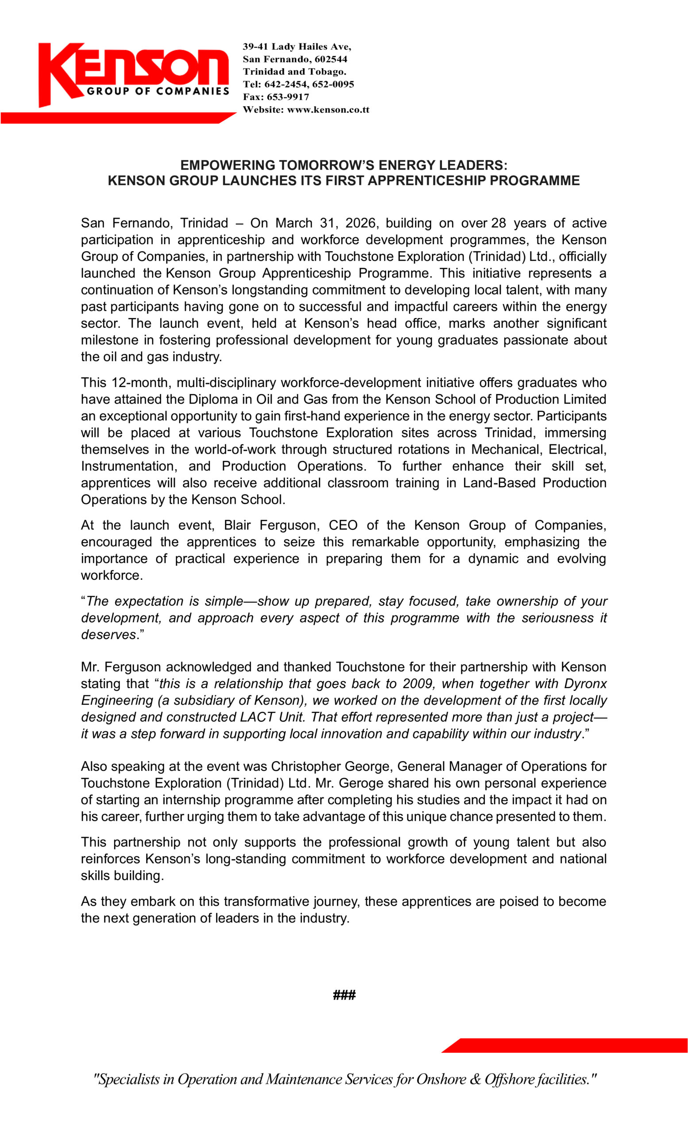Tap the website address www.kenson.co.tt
[328, 110]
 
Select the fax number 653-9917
[288, 97]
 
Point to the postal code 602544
[331, 59]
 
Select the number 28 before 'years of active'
[498, 223]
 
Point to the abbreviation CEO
[343, 525]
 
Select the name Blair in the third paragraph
[237, 525]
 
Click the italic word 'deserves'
[108, 635]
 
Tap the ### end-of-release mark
[344, 995]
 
